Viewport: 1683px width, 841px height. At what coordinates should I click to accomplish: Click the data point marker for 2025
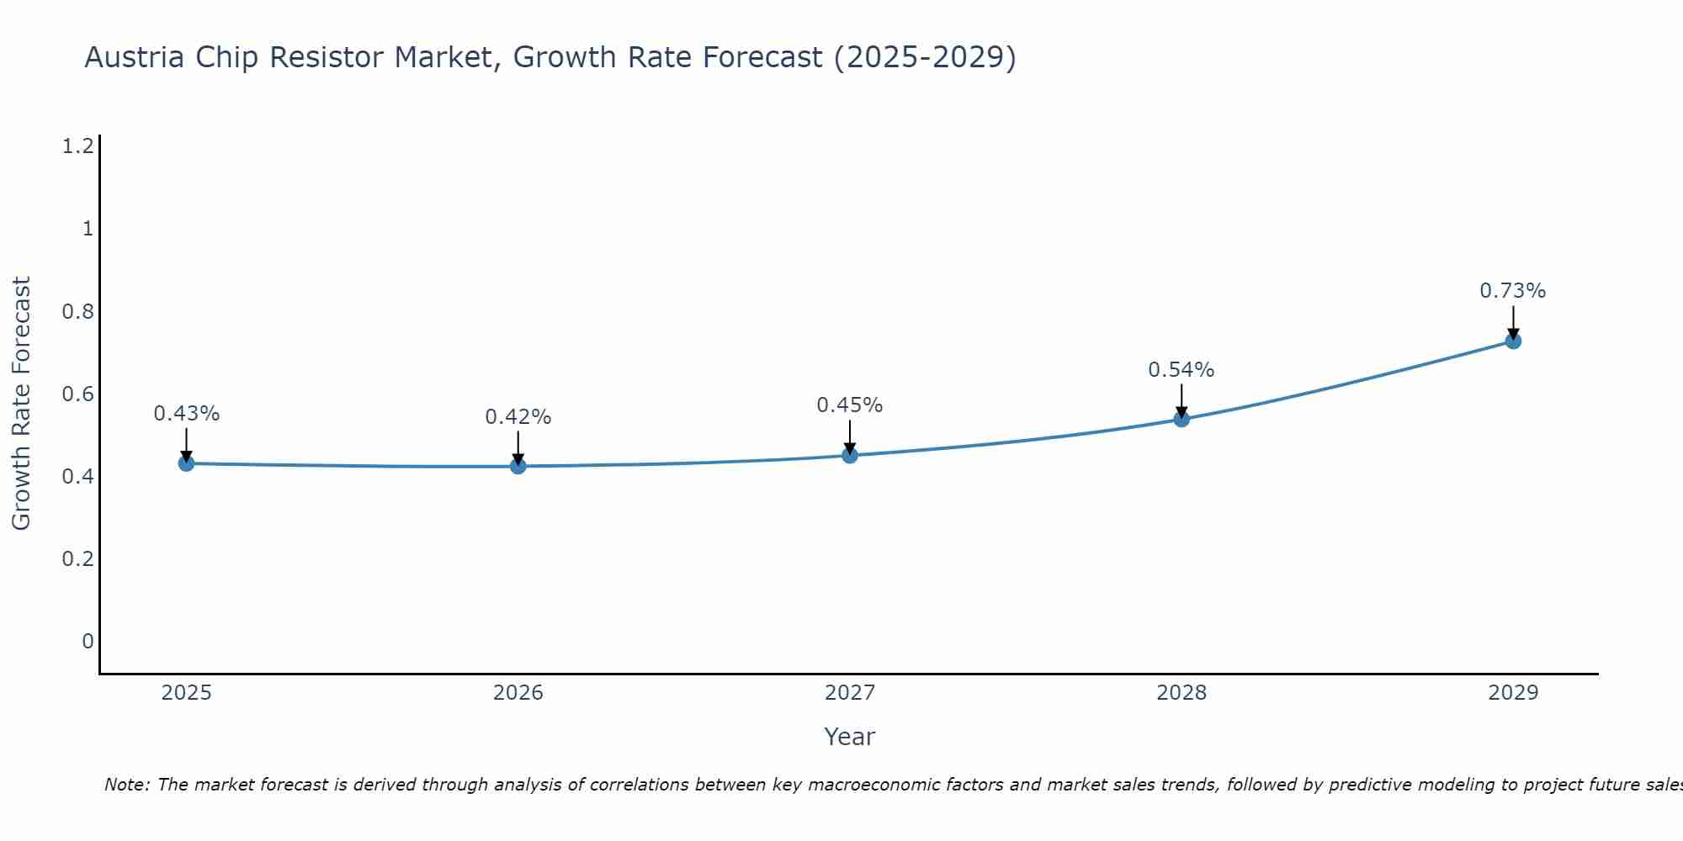186,463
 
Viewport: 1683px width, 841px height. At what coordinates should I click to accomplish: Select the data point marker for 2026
518,466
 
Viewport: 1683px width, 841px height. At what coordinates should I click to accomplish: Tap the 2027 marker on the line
850,455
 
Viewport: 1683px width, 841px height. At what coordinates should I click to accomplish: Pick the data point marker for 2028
1181,419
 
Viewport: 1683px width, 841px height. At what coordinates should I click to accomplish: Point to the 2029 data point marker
1513,341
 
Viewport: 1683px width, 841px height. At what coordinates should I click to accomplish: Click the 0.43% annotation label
186,414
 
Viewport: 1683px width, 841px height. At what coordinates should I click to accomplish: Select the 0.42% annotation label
518,417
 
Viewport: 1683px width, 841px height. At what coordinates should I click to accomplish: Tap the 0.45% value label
850,405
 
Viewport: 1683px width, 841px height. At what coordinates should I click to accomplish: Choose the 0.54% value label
1181,370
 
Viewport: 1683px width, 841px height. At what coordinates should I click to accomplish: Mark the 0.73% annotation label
1513,291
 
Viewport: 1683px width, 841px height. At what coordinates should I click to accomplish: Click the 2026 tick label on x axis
518,693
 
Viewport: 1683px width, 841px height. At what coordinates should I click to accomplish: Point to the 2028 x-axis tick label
1181,693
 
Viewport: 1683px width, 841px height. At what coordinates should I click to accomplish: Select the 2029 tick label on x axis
1513,693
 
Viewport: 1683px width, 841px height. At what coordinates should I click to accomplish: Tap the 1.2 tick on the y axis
77,147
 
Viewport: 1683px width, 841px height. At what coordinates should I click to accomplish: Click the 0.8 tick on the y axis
77,312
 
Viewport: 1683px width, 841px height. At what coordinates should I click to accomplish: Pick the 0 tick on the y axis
88,642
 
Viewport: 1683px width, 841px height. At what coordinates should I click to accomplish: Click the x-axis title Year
850,737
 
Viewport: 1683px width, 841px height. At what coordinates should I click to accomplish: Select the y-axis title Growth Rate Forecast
21,404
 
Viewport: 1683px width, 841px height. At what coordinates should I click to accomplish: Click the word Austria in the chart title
135,58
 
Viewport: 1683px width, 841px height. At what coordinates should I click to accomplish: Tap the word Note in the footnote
126,785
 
